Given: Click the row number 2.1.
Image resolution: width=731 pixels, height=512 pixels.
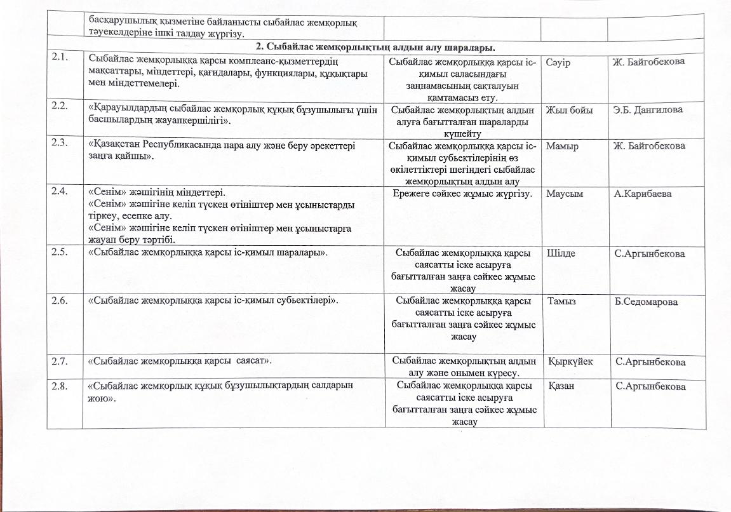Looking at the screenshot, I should [x=61, y=62].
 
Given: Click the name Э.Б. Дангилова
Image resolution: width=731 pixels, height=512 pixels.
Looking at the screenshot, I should [x=648, y=110].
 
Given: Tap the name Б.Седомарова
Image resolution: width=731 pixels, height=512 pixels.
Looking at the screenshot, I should [x=647, y=302].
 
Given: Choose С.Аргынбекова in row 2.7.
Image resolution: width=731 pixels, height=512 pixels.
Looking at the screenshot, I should [x=650, y=362].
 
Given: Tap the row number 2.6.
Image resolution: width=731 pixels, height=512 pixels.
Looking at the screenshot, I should [x=61, y=301].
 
